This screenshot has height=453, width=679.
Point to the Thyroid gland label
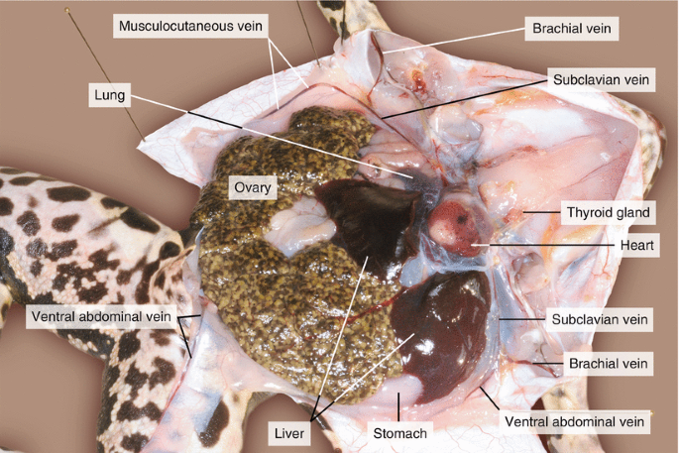(x=607, y=212)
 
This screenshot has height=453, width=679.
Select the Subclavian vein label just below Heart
(x=600, y=319)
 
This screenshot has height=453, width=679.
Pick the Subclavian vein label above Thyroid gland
(x=600, y=79)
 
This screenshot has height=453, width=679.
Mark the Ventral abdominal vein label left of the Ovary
(x=98, y=317)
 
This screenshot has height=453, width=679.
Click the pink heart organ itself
(x=456, y=224)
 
